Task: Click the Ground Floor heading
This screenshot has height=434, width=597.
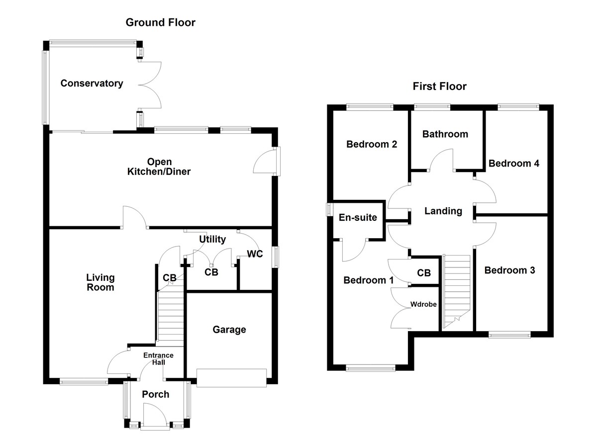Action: coord(160,22)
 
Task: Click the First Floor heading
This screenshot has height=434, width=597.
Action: coord(439,87)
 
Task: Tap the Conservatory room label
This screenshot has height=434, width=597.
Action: coord(92,84)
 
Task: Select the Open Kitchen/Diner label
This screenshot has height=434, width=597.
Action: coord(159,167)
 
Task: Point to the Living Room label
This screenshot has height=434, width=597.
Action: coord(100,282)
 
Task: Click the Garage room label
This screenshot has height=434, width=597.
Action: coord(229,330)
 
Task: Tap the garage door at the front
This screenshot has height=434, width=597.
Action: coord(232,378)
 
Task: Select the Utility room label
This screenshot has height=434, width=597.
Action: coord(212,239)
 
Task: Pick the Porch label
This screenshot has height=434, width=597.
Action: coord(156,395)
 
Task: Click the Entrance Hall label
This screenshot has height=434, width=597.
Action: coord(158,358)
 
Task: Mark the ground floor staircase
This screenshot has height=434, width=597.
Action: coord(171,318)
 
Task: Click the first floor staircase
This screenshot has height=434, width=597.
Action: coord(457,291)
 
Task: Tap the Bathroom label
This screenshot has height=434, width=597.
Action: coord(445,134)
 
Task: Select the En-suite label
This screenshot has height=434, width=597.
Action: coord(358,218)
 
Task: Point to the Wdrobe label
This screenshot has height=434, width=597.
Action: coord(423,305)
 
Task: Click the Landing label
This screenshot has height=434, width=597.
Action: coord(443,211)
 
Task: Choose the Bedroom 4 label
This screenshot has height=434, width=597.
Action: coord(513,164)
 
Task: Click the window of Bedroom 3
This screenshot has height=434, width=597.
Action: coord(509,335)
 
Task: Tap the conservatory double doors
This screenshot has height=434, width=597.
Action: coord(150,85)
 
